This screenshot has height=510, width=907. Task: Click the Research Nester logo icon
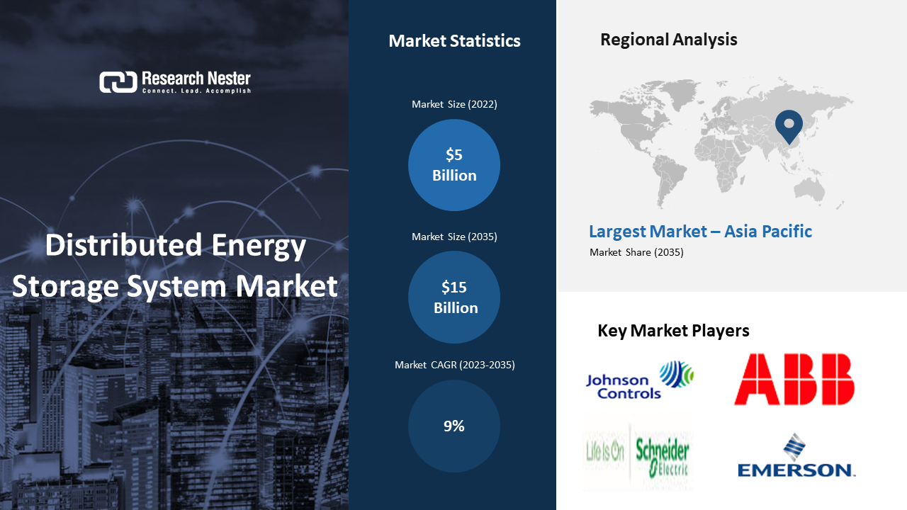pos(118,82)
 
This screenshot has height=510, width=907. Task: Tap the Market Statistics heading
pos(454,41)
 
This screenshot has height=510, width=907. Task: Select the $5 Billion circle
pos(454,165)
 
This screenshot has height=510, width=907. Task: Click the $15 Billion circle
pos(454,297)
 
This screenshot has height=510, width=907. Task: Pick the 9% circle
pos(454,426)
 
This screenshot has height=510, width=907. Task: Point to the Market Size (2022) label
pos(454,104)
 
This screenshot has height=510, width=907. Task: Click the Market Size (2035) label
pos(454,237)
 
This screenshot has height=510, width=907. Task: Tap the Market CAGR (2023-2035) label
pos(455,365)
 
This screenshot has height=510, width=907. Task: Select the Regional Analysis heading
pos(668,40)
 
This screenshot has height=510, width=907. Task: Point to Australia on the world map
pos(809,189)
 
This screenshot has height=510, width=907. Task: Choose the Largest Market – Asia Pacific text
pos(701,232)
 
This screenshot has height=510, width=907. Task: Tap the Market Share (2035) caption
pos(636,253)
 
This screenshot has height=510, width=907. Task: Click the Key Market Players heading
pos(673,331)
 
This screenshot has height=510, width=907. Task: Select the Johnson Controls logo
pos(640,380)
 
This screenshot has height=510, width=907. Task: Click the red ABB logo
pos(794,379)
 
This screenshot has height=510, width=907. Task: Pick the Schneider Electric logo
pos(638,452)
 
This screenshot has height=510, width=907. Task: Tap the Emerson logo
pos(796,455)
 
